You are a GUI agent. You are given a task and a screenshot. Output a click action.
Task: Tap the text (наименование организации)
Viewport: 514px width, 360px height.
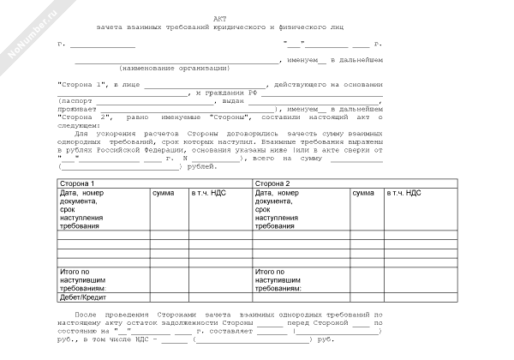pos(175,68)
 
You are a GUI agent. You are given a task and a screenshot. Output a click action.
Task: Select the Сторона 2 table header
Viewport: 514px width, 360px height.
pos(273,183)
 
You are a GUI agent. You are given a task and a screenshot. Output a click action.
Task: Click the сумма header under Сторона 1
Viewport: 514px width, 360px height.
pos(164,194)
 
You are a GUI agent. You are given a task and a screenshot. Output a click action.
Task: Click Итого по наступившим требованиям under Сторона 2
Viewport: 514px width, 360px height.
pos(280,280)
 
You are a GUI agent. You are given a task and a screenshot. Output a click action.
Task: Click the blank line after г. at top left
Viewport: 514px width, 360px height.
pos(102,43)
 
